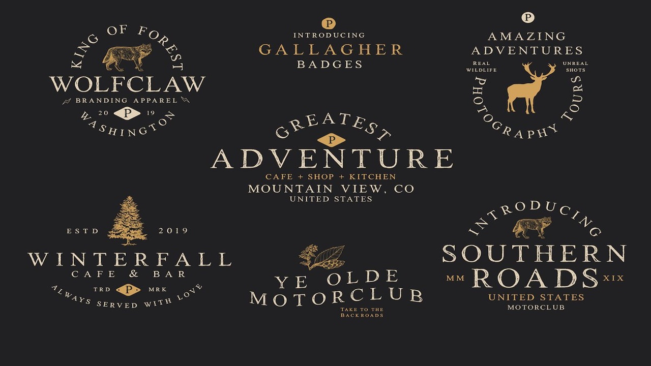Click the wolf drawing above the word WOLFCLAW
(127, 57)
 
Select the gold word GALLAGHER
(331, 49)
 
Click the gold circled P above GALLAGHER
(329, 23)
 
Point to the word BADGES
(330, 65)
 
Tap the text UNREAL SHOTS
(575, 67)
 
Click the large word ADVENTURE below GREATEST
(332, 159)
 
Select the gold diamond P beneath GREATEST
(331, 140)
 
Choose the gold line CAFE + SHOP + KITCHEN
(331, 177)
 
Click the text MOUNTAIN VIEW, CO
(331, 189)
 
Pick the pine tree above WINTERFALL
(127, 220)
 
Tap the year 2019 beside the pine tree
(173, 231)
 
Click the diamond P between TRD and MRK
(128, 290)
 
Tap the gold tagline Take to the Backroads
(362, 312)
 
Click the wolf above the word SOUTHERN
(532, 227)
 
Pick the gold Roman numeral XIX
(613, 278)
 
